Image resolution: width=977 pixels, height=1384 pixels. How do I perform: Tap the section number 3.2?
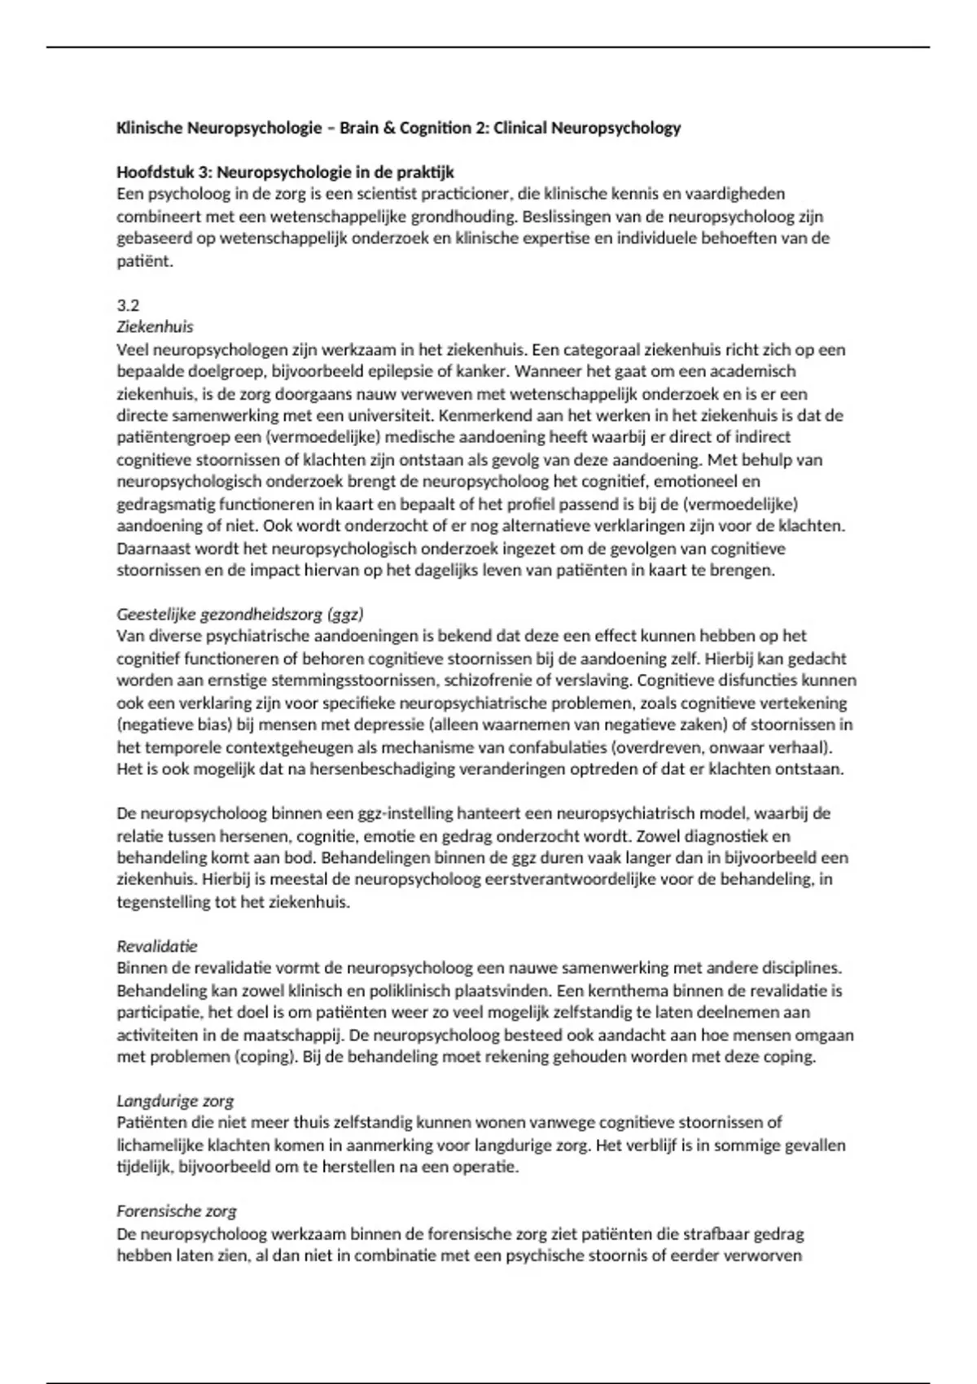tap(128, 305)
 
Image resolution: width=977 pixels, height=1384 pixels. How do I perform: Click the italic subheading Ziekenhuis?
tap(155, 327)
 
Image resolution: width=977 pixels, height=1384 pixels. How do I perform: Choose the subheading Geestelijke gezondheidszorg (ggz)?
tap(239, 614)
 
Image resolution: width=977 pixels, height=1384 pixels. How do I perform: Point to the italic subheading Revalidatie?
tap(157, 946)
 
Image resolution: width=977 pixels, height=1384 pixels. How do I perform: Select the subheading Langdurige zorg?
tap(175, 1101)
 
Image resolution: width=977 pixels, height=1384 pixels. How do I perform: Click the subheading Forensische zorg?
tap(177, 1211)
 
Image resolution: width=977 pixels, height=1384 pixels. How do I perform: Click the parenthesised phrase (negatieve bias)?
tap(170, 725)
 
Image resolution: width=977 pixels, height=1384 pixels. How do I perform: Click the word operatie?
tap(485, 1167)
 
